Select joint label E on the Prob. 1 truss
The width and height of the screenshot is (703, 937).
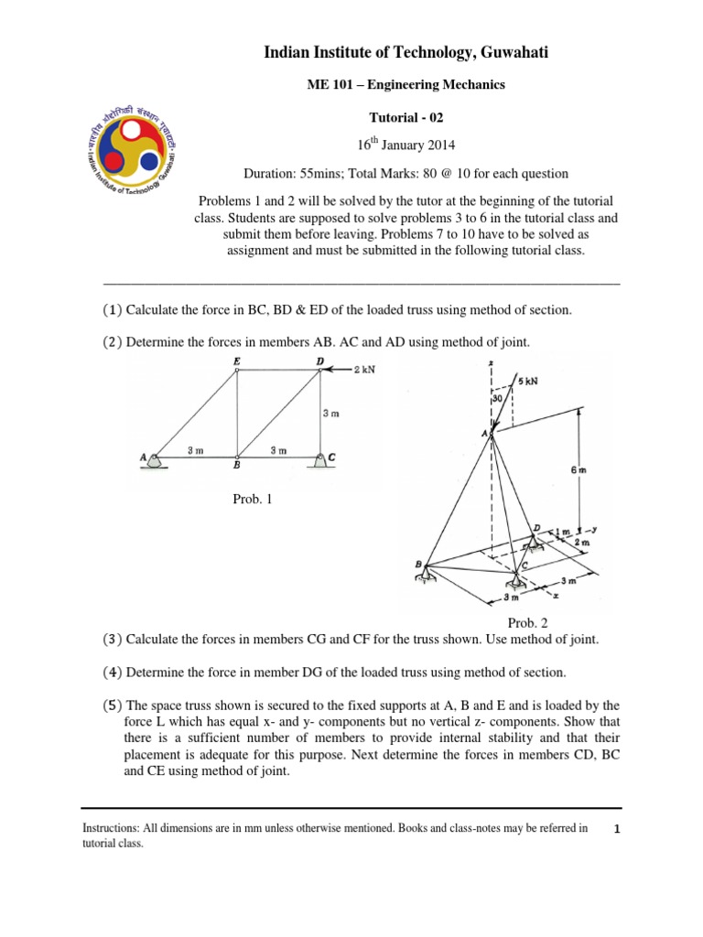click(236, 361)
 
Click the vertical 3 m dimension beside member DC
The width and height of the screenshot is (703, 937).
click(331, 414)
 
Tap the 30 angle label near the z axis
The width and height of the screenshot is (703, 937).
click(498, 399)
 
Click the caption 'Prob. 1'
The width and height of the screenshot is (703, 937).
click(252, 499)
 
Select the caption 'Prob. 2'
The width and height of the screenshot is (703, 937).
click(539, 622)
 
